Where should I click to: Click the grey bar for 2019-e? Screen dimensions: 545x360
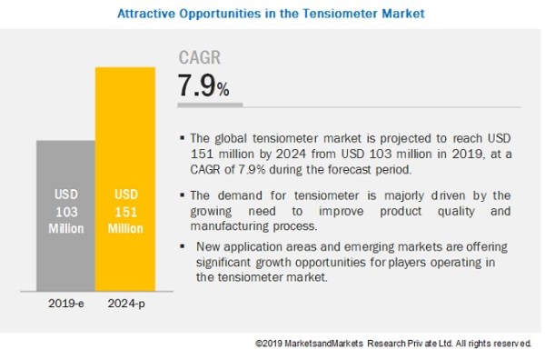point(65,215)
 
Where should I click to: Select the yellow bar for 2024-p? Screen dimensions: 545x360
point(125,179)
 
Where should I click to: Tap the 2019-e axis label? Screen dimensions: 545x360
point(65,304)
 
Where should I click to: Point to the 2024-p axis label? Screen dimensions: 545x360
point(126,304)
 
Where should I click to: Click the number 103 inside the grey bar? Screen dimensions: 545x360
point(66,212)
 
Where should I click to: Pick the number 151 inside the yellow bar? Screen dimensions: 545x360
point(126,212)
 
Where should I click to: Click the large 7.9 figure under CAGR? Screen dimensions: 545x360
point(196,85)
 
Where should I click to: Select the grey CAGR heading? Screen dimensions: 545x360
point(200,57)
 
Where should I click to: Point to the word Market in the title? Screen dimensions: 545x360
point(403,14)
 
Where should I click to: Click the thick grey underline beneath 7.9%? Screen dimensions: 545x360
point(210,105)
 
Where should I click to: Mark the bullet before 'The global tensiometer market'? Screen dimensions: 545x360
point(183,138)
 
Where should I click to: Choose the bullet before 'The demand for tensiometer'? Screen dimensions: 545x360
point(183,195)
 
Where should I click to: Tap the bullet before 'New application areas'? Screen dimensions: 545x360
point(183,246)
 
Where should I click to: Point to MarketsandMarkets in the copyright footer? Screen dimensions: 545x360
point(323,344)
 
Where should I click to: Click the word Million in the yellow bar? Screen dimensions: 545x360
point(125,228)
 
